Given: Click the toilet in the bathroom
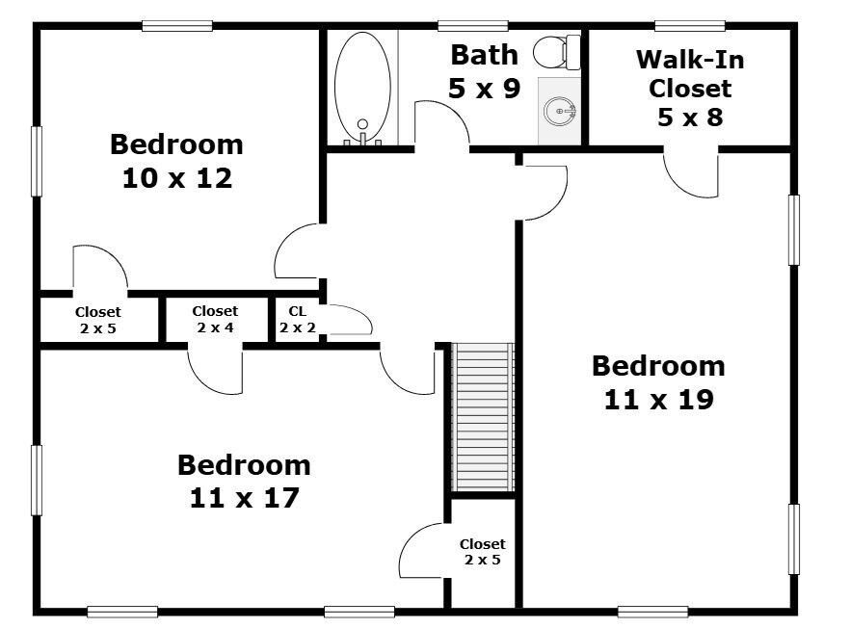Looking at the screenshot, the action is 557,52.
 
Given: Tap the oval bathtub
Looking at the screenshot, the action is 362,88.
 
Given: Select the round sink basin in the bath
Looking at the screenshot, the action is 559,111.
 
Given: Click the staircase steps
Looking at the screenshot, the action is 483,417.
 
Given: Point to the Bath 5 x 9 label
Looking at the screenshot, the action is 484,71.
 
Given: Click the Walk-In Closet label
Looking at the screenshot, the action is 690,88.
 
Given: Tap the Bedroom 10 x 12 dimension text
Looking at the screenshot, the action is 176,178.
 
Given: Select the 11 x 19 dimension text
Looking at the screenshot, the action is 658,400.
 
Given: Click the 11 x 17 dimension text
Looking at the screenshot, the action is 245,498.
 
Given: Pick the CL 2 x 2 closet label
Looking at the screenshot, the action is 298,319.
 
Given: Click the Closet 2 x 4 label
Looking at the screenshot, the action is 215,319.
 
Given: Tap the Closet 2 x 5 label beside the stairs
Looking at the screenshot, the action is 483,552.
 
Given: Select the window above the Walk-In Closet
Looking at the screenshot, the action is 690,25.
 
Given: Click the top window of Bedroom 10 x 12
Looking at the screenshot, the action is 177,25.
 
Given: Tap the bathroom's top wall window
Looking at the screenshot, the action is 472,25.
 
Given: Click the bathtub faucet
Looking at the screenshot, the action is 362,132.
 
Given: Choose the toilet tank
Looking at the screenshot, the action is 573,52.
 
